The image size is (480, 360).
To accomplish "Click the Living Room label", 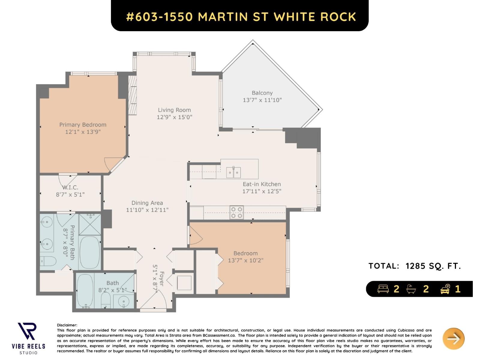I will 174,110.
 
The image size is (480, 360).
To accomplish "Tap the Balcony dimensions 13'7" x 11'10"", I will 262,100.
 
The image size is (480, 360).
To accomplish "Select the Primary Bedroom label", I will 83,125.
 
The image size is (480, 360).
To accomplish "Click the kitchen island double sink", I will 233,172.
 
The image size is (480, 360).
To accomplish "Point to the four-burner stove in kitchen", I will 236,212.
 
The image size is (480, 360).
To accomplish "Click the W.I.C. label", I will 70,187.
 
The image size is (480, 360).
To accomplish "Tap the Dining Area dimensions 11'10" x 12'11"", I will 147,210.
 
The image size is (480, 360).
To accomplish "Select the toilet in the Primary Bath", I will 48,261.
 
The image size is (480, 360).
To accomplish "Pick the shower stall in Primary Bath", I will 90,224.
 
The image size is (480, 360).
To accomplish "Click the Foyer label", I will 162,279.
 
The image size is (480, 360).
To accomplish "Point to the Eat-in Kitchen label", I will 262,184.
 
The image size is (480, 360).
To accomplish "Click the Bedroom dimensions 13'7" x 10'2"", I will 245,260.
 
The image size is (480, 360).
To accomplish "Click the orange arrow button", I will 453,339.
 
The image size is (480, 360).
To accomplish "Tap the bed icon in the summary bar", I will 383,289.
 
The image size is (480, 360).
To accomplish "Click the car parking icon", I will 445,289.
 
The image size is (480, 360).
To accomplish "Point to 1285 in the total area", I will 415,266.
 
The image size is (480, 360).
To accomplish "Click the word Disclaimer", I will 67,325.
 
